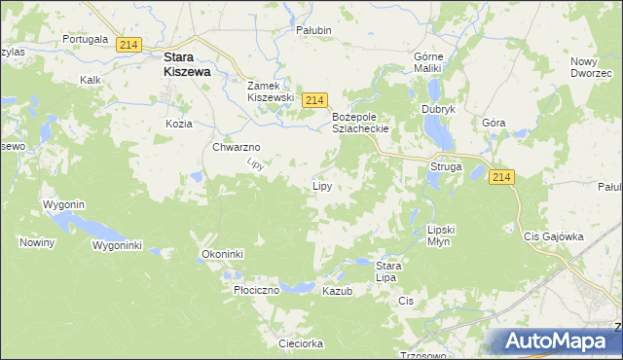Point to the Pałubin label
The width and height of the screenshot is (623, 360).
coord(314,30)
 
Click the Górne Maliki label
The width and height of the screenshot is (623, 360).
coord(428,62)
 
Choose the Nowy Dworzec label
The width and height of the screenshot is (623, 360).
coord(591,67)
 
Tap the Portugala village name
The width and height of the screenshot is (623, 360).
coord(84,39)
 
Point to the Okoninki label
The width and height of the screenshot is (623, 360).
coord(222,254)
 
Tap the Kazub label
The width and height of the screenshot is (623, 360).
coord(336,291)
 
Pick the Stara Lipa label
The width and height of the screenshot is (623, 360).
coord(388,270)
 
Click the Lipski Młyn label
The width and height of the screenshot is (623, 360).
coord(441,234)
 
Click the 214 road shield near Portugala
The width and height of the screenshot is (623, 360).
coord(128,45)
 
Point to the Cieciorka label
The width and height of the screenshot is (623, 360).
coord(300,343)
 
